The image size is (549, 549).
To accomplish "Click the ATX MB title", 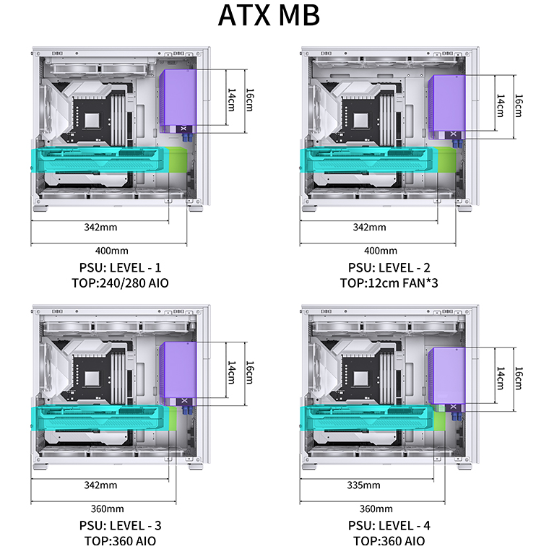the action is coord(269,15).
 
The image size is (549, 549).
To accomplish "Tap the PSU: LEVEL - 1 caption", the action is coord(120,267).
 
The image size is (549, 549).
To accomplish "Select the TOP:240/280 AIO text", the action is coord(120,283).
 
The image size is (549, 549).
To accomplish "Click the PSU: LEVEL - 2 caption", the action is coord(389,267).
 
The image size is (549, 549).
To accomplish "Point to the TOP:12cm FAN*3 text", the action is coord(389,283).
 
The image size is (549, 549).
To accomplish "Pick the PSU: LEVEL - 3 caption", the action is coord(120,526).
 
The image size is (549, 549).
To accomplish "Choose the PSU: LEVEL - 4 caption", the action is coord(389,526).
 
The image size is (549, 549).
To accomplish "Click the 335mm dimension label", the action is coord(363,485).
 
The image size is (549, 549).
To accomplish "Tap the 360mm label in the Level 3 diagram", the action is coord(107,509).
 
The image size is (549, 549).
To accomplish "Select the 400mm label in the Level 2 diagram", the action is coord(381,251).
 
